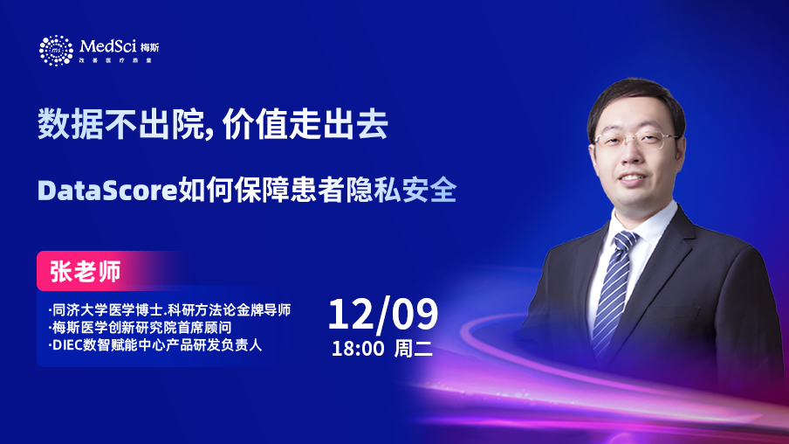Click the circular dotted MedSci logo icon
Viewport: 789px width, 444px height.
pyautogui.click(x=56, y=51)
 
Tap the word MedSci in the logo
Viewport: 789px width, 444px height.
pyautogui.click(x=108, y=46)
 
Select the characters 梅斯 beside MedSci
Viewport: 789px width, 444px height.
pyautogui.click(x=149, y=47)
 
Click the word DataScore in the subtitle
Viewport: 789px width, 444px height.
pyautogui.click(x=107, y=191)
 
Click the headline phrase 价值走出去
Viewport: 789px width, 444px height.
pyautogui.click(x=305, y=124)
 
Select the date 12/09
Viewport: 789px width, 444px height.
pyautogui.click(x=383, y=314)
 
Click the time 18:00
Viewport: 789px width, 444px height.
pyautogui.click(x=358, y=349)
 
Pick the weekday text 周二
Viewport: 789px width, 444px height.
pyautogui.click(x=413, y=349)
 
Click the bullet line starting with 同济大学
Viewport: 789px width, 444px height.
pyautogui.click(x=169, y=310)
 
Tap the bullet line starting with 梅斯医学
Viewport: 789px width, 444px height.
pyautogui.click(x=140, y=328)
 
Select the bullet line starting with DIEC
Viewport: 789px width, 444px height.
pyautogui.click(x=155, y=345)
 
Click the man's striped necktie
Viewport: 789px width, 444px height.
pyautogui.click(x=614, y=292)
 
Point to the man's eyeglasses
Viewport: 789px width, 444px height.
pyautogui.click(x=636, y=141)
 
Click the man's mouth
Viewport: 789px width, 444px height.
pyautogui.click(x=633, y=177)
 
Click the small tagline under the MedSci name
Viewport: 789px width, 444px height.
pyautogui.click(x=115, y=60)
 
